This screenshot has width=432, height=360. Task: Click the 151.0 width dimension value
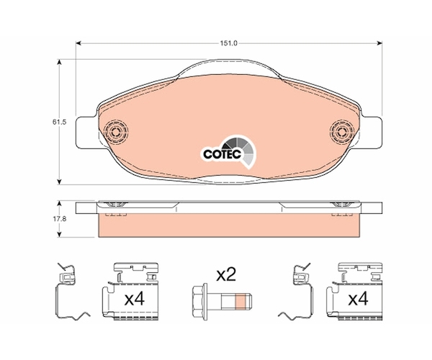pos(228,43)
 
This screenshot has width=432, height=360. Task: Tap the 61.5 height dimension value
pos(60,122)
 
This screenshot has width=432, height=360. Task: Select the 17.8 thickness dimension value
pos(60,219)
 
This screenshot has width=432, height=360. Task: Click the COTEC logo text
pos(222,154)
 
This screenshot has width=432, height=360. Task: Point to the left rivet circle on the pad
pos(116,132)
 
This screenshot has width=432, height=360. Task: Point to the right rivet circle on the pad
pos(342,131)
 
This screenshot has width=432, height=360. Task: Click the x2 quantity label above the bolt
pos(226,274)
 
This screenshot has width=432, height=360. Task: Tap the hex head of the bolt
pos(199,302)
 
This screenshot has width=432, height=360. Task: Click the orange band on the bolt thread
pos(240,302)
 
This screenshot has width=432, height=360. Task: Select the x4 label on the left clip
pos(134,299)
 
